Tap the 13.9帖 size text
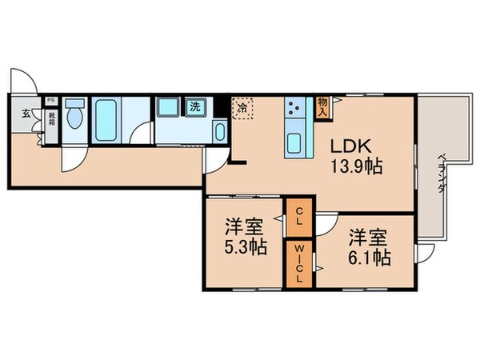(356, 168)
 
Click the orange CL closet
(297, 217)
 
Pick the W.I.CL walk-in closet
(297, 262)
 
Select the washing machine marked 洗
(194, 106)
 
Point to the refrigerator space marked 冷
(242, 106)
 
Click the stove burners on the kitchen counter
(294, 108)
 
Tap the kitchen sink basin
(294, 145)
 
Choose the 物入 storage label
(322, 106)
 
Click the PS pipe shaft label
(50, 101)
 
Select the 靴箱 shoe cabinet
(50, 122)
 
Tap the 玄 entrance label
(26, 114)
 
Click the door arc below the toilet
(73, 158)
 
